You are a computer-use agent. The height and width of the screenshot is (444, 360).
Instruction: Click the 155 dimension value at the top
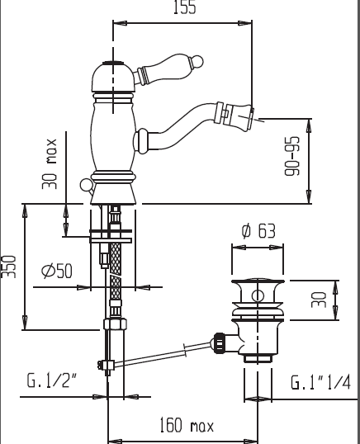tap(184, 7)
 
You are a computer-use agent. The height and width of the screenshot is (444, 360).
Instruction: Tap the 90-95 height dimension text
tap(291, 156)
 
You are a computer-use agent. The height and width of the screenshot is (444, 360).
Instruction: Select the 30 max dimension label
tap(50, 164)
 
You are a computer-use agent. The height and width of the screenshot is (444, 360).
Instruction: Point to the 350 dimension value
tap(8, 267)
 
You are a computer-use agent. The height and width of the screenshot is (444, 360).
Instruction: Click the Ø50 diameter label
tap(57, 271)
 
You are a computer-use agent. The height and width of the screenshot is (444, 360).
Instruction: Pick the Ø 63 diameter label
tap(258, 231)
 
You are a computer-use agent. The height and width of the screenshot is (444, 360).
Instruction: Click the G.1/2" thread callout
tap(52, 380)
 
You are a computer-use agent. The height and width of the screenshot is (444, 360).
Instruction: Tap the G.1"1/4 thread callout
tap(320, 382)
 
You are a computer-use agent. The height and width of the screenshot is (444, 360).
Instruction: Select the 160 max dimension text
tap(187, 425)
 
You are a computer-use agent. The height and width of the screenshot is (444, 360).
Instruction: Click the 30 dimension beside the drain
tap(319, 300)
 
